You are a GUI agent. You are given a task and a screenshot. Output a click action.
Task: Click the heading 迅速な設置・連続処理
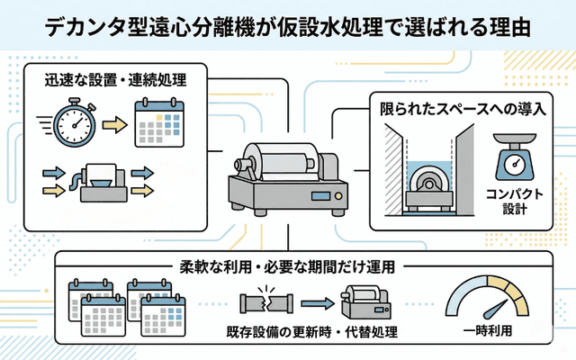[115, 78]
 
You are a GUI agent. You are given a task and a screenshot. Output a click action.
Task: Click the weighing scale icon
[513, 159]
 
